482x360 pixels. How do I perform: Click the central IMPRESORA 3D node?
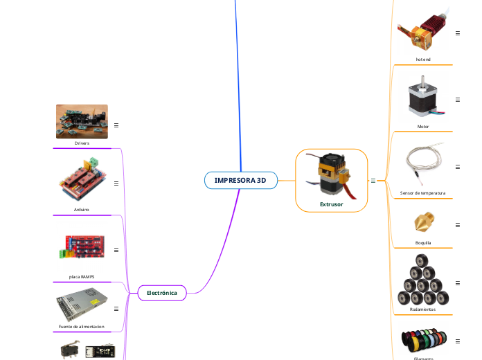[x=240, y=180]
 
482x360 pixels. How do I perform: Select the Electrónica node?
[x=162, y=293]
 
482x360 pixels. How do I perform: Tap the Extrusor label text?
[x=331, y=204]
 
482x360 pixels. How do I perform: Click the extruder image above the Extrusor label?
[x=332, y=174]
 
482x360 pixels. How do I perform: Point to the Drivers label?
[x=82, y=143]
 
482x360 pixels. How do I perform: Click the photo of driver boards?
[x=82, y=121]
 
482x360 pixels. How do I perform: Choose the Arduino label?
[x=82, y=209]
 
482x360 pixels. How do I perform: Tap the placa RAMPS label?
[x=82, y=276]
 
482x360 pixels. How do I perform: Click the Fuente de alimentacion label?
[x=82, y=326]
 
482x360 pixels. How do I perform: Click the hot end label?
[x=423, y=60]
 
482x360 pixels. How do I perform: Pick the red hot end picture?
[x=423, y=31]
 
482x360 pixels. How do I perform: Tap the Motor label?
[x=423, y=127]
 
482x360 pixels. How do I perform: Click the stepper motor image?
[x=423, y=98]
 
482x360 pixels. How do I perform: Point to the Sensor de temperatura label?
[x=423, y=193]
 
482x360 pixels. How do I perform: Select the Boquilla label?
[x=423, y=243]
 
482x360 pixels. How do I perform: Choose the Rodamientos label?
[x=423, y=309]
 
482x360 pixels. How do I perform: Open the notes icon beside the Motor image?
[x=458, y=100]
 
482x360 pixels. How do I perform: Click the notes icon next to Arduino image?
[x=116, y=183]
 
